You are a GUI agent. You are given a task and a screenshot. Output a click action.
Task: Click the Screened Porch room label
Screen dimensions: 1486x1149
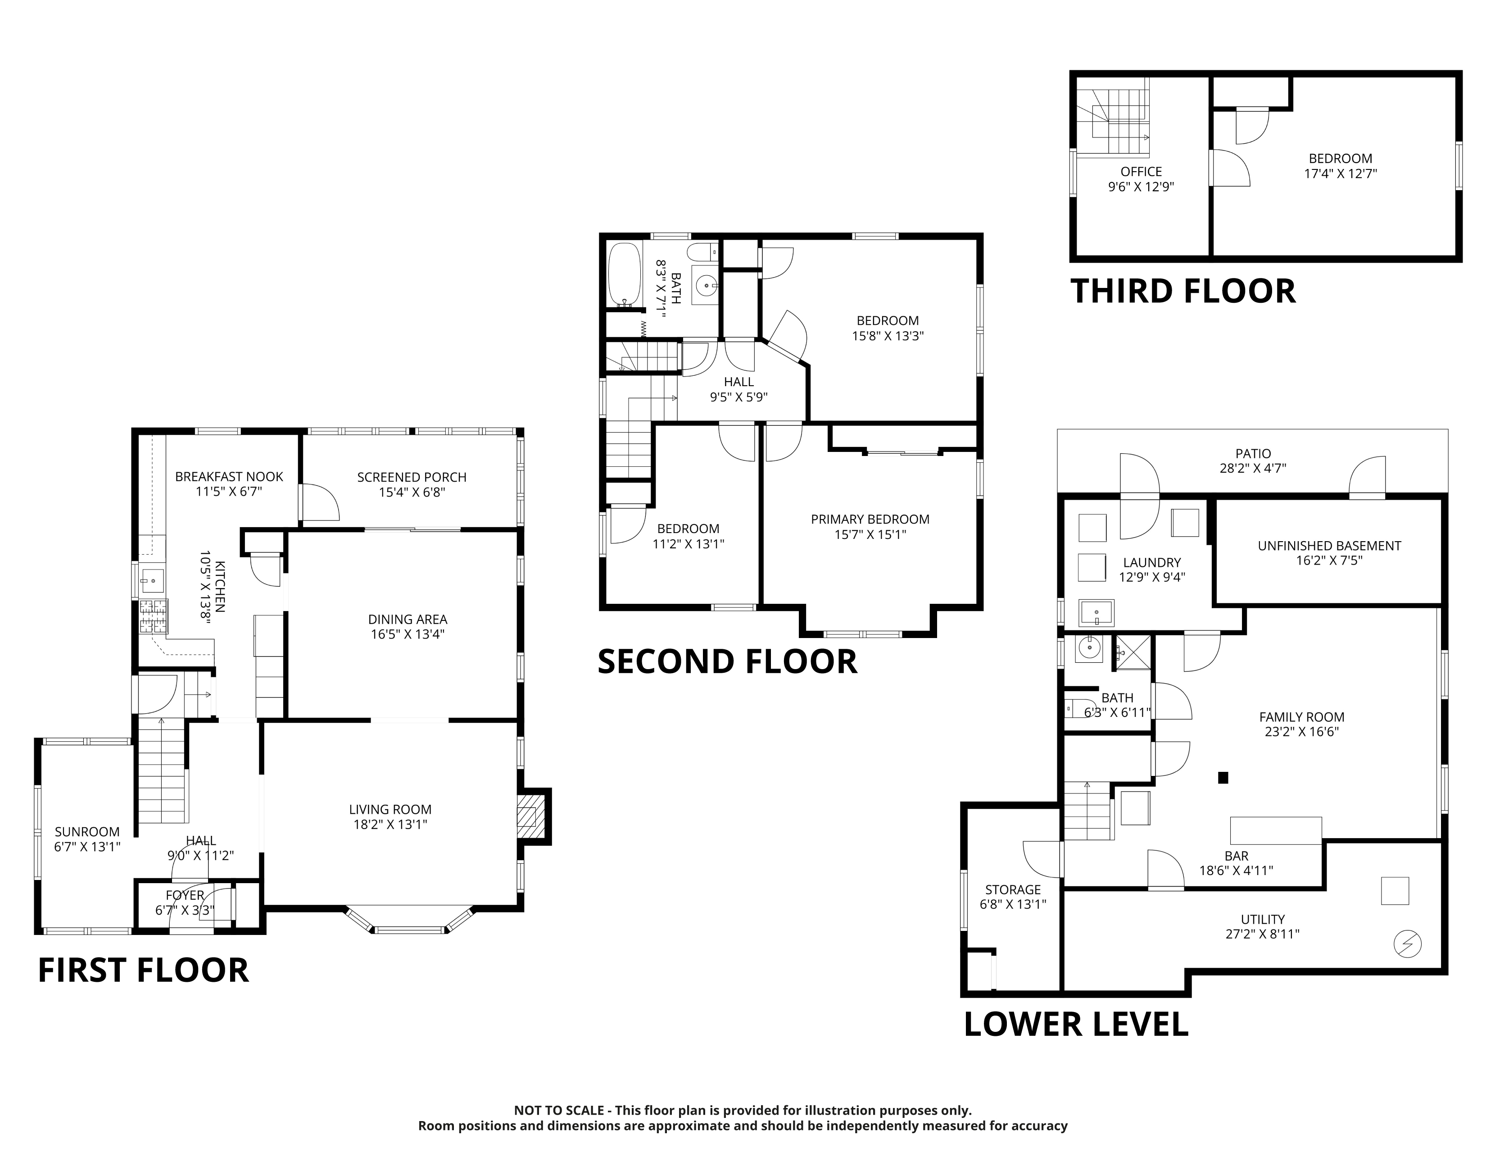pos(412,477)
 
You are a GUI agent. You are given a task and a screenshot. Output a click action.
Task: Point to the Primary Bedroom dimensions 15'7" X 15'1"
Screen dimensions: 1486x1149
pos(870,535)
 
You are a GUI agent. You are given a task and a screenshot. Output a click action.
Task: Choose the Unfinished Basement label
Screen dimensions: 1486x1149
pos(1329,546)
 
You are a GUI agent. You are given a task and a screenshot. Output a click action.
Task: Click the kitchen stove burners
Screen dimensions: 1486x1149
pos(153,616)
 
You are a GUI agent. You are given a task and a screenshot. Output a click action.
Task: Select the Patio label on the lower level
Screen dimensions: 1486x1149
pos(1253,453)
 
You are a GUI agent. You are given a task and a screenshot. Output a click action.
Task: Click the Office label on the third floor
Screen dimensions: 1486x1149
pos(1141,172)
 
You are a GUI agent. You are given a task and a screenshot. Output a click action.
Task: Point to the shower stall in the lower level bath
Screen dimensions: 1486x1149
pos(1132,652)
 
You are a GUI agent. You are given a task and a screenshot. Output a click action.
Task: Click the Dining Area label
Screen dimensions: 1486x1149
pos(408,620)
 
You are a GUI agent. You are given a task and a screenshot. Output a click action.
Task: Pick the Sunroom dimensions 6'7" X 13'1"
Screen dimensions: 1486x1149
pos(87,847)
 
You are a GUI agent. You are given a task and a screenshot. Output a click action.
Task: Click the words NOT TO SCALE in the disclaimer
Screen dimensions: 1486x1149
pos(559,1111)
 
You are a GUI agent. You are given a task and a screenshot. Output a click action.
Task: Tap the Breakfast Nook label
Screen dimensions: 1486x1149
pos(229,476)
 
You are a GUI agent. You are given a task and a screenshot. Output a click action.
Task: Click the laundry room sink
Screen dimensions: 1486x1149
pos(1097,613)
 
